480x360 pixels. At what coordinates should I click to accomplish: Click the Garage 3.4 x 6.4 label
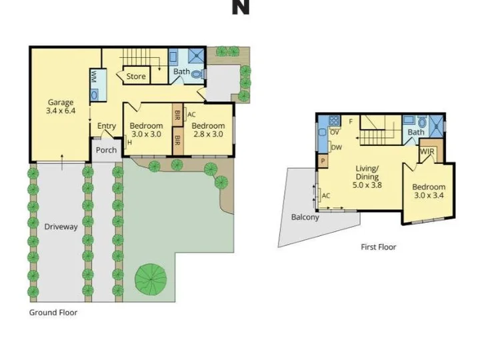[x=61, y=106]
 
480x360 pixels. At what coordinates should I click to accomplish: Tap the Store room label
[x=136, y=76]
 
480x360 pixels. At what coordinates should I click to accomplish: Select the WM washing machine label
[x=94, y=77]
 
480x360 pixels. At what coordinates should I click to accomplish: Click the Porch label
[x=106, y=150]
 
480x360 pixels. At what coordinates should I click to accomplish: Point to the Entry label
[x=107, y=126]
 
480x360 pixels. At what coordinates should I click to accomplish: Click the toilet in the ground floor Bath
[x=199, y=74]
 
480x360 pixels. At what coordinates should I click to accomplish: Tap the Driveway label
[x=61, y=227]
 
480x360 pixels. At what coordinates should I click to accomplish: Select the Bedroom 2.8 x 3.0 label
[x=208, y=130]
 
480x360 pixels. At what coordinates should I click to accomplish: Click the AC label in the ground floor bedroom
[x=191, y=115]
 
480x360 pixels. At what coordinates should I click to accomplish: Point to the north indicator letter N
[x=240, y=7]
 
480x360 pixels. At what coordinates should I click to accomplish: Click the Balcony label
[x=305, y=217]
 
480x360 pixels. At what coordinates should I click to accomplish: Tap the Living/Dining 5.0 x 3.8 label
[x=367, y=177]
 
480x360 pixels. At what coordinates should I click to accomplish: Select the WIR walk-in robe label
[x=427, y=152]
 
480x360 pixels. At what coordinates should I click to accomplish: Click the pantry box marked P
[x=323, y=161]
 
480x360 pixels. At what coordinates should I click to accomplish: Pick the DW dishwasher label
[x=337, y=147]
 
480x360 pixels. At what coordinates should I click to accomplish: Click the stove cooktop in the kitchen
[x=334, y=120]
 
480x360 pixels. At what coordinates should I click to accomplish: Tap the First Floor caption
[x=379, y=247]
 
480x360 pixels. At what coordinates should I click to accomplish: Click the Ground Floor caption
[x=53, y=313]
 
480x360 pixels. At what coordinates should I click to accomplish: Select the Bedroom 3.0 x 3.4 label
[x=429, y=191]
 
